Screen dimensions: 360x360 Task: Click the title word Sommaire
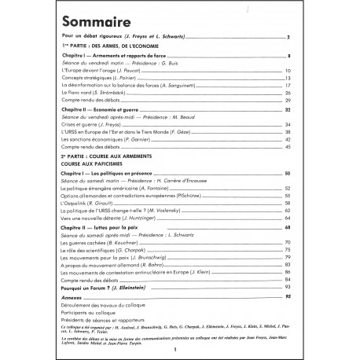point(98,21)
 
